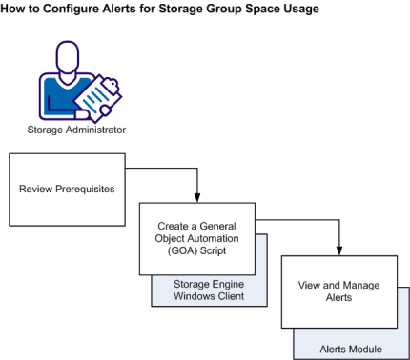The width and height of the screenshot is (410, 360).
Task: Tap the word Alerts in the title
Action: [141, 9]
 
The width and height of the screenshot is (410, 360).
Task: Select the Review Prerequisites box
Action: [68, 189]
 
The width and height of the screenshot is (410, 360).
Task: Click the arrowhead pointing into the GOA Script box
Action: [197, 197]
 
